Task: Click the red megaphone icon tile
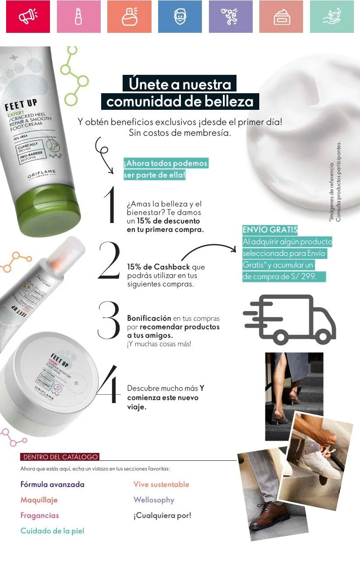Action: (x=28, y=17)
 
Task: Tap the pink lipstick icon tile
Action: (x=78, y=17)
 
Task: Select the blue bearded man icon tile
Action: (x=180, y=17)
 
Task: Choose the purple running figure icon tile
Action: (x=230, y=17)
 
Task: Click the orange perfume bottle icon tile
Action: (x=129, y=17)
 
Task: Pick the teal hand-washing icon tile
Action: (x=332, y=17)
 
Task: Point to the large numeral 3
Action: (x=108, y=320)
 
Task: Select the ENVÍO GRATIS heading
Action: (x=270, y=230)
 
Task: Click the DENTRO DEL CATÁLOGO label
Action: (x=60, y=457)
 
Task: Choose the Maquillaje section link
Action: (x=39, y=500)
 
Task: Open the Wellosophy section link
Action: (x=154, y=500)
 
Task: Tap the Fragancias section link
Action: (x=39, y=515)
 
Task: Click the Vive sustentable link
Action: (x=161, y=484)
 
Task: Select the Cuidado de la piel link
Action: (x=52, y=531)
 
